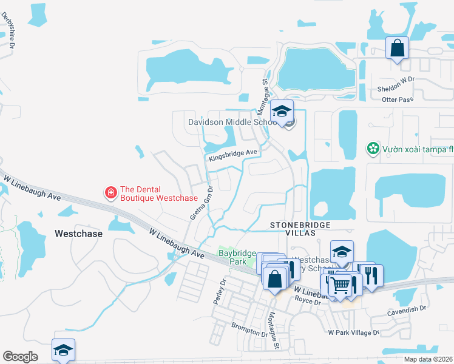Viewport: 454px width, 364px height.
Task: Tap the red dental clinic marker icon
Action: point(111,193)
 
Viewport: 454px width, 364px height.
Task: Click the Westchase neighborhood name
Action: point(78,233)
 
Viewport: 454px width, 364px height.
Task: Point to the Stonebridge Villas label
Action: point(302,230)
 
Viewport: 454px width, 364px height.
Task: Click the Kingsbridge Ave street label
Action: point(234,155)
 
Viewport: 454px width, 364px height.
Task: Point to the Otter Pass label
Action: point(398,99)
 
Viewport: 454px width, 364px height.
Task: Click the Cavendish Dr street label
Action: point(407,309)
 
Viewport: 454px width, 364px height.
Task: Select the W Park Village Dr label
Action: point(353,332)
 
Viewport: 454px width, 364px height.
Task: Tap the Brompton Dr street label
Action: point(249,330)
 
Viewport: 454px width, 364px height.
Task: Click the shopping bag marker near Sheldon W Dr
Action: point(397,48)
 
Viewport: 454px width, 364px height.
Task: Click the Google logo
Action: point(21,357)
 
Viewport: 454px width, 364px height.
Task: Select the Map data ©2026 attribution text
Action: point(428,359)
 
